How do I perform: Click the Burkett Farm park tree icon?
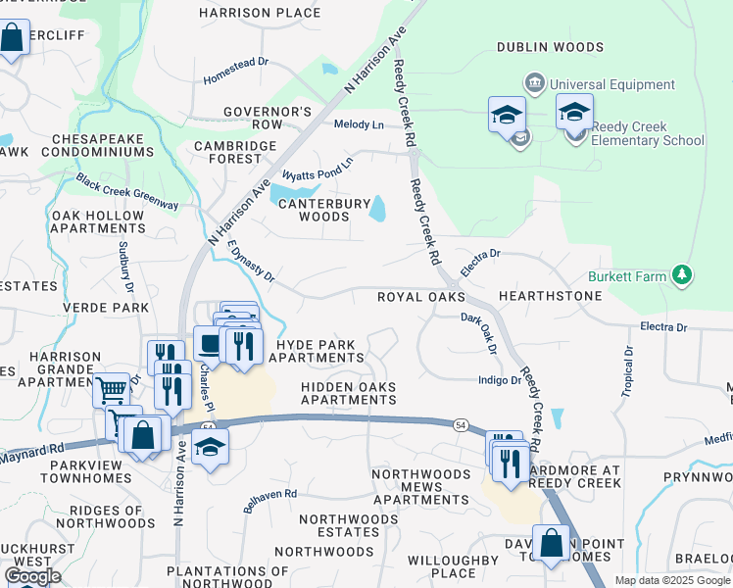point(682,276)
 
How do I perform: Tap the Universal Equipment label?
point(611,84)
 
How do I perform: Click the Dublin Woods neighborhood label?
point(550,46)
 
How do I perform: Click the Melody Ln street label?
point(359,124)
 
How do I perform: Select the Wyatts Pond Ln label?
point(317,169)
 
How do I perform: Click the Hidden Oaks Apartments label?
point(349,393)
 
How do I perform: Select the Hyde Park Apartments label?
point(321,352)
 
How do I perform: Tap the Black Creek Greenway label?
point(127,192)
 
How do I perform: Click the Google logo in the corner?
point(32,576)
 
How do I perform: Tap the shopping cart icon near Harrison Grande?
point(111,390)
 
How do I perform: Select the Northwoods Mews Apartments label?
point(420,486)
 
